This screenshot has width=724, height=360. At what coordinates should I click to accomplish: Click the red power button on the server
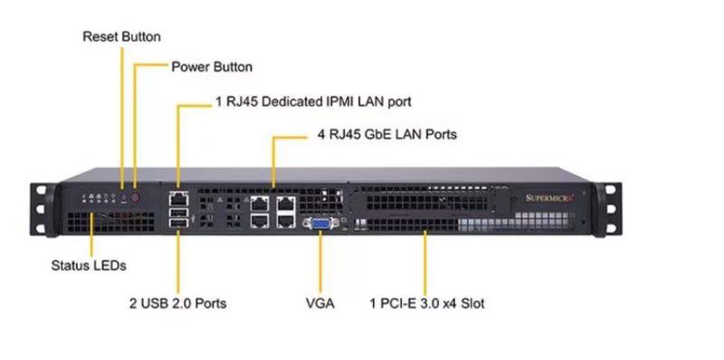pyautogui.click(x=136, y=194)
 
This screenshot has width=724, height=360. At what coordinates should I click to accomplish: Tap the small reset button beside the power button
pyautogui.click(x=122, y=194)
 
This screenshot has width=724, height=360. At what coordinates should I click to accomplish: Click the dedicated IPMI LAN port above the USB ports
pyautogui.click(x=178, y=195)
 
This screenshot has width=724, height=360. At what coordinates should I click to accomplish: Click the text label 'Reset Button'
pyautogui.click(x=121, y=37)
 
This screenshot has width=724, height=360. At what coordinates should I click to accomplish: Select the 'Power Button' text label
pyautogui.click(x=212, y=67)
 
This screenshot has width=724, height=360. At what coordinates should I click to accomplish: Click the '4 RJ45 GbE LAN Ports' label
pyautogui.click(x=387, y=135)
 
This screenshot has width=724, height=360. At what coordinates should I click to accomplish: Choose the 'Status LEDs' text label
pyautogui.click(x=88, y=266)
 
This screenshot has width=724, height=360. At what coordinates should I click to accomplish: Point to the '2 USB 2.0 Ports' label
pyautogui.click(x=177, y=303)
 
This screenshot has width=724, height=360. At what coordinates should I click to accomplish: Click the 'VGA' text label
pyautogui.click(x=319, y=303)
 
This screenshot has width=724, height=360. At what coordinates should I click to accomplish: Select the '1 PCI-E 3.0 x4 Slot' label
pyautogui.click(x=427, y=303)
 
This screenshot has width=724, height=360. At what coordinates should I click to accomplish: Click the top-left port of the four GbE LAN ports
pyautogui.click(x=260, y=202)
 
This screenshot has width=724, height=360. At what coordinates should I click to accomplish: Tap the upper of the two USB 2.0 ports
pyautogui.click(x=178, y=212)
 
